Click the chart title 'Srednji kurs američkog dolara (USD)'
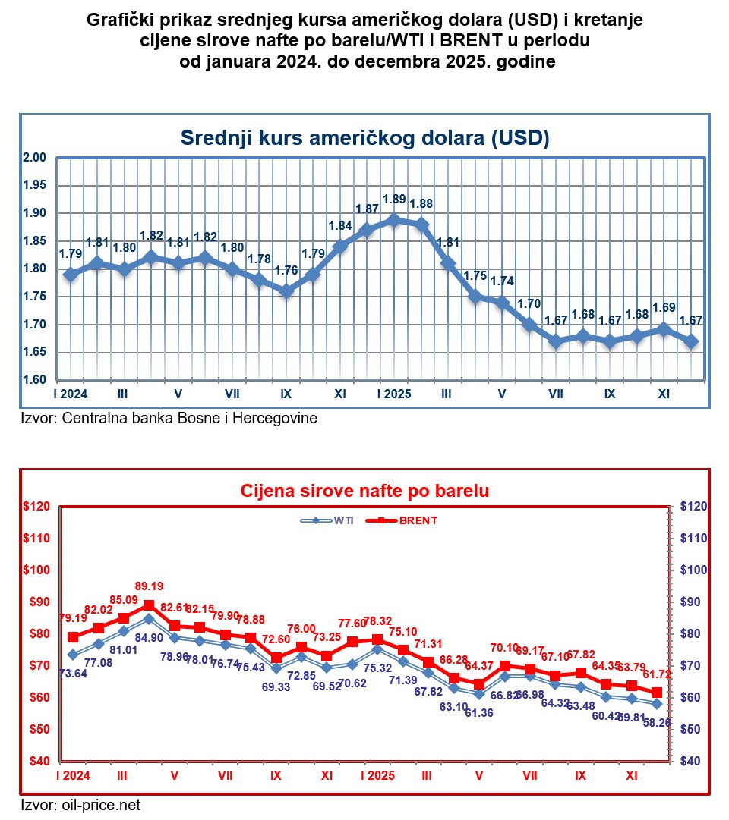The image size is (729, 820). pos(364,137)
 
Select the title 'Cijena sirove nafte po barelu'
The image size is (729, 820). pos(364,490)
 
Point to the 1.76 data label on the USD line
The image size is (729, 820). pos(286,271)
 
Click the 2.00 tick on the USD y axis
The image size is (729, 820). pos(36,158)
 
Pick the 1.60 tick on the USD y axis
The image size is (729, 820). pos(36,380)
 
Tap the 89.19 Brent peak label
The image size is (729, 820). pos(149,586)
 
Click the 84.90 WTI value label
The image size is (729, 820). pos(149,638)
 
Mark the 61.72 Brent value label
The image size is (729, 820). pos(658,674)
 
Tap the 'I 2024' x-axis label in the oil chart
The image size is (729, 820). pos(73,776)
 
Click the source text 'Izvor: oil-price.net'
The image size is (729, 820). pos(80,805)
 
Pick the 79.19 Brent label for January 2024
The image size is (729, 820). pos(73,617)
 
